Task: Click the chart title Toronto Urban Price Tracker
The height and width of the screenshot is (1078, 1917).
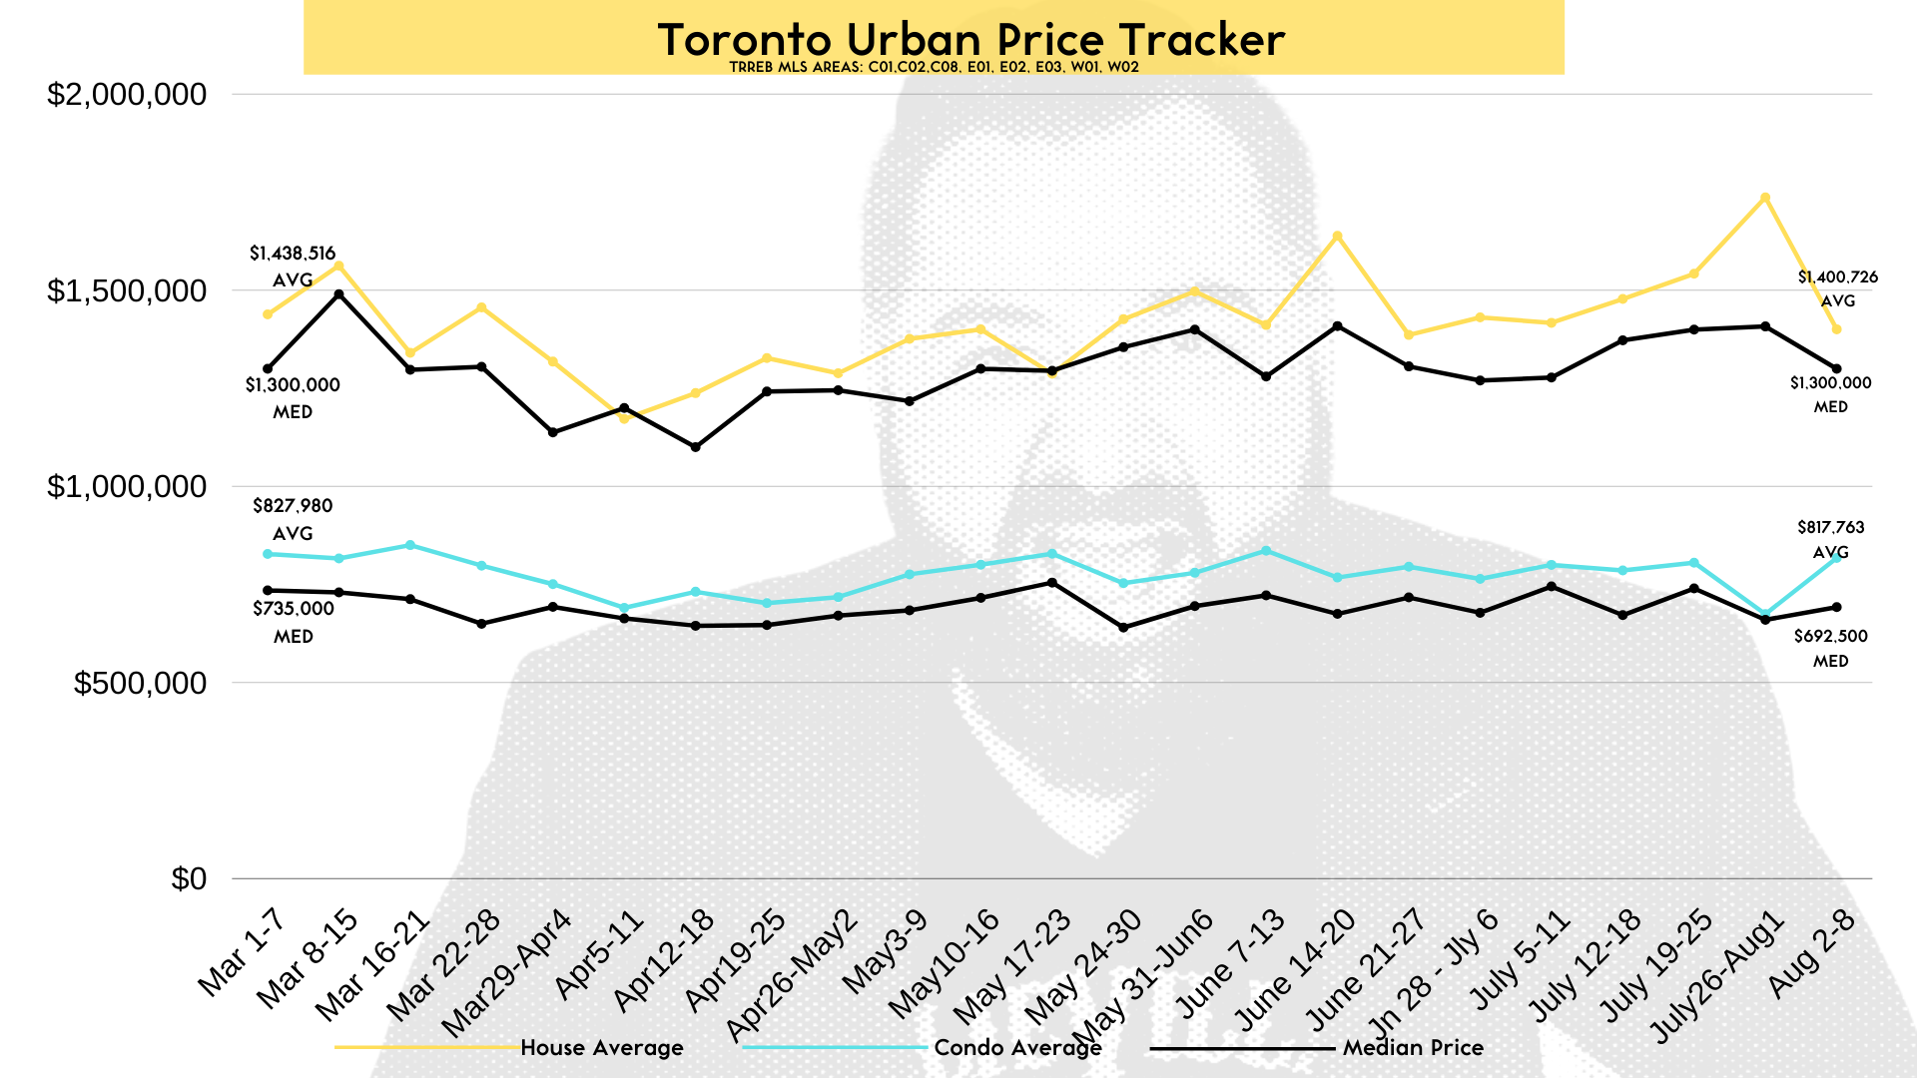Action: tap(970, 40)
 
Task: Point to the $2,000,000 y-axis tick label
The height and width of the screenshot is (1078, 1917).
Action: tap(127, 95)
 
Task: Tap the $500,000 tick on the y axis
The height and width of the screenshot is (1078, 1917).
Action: tap(141, 683)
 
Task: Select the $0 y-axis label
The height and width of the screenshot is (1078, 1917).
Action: tap(189, 878)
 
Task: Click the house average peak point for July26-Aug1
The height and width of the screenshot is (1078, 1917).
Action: tap(1765, 198)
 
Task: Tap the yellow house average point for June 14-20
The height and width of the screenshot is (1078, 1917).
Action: tap(1337, 236)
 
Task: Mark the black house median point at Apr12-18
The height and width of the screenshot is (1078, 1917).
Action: tap(696, 447)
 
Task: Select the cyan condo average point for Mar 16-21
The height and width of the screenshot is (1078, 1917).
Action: tap(410, 545)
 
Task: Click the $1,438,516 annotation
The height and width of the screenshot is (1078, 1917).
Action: tap(293, 254)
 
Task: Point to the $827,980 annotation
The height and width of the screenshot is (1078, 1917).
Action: tap(293, 506)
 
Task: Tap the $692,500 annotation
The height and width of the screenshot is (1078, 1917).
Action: tap(1830, 636)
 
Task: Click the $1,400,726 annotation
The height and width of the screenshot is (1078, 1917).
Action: tap(1838, 277)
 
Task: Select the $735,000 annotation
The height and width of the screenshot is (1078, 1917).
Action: tap(294, 609)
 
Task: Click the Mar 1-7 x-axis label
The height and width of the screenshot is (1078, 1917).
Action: tap(242, 953)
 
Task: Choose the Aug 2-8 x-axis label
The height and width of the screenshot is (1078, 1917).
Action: tap(1811, 953)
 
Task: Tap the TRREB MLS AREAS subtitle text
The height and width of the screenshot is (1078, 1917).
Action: tap(934, 68)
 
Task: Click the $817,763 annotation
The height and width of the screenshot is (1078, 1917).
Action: tap(1831, 527)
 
